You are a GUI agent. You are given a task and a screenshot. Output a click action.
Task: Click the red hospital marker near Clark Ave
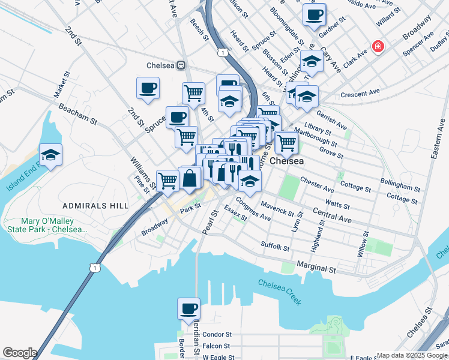point(378,46)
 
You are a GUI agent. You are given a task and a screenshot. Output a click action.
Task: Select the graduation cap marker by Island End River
point(51,155)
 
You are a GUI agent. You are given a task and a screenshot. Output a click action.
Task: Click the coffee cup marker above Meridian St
point(189,309)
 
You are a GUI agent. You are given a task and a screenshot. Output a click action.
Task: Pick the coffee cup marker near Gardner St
point(314,15)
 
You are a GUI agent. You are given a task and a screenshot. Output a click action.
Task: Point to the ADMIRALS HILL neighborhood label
point(99,205)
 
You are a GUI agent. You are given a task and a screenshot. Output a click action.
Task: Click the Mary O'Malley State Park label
point(46,225)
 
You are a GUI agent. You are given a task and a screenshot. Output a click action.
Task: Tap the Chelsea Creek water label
point(280,292)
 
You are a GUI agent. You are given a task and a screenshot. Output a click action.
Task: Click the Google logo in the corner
point(19,353)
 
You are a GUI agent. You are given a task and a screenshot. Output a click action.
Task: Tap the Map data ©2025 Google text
point(412,355)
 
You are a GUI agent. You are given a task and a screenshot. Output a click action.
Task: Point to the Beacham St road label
point(77,113)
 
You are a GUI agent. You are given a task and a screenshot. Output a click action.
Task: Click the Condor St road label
point(217,334)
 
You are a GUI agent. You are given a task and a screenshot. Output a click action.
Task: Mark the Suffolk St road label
point(276,245)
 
